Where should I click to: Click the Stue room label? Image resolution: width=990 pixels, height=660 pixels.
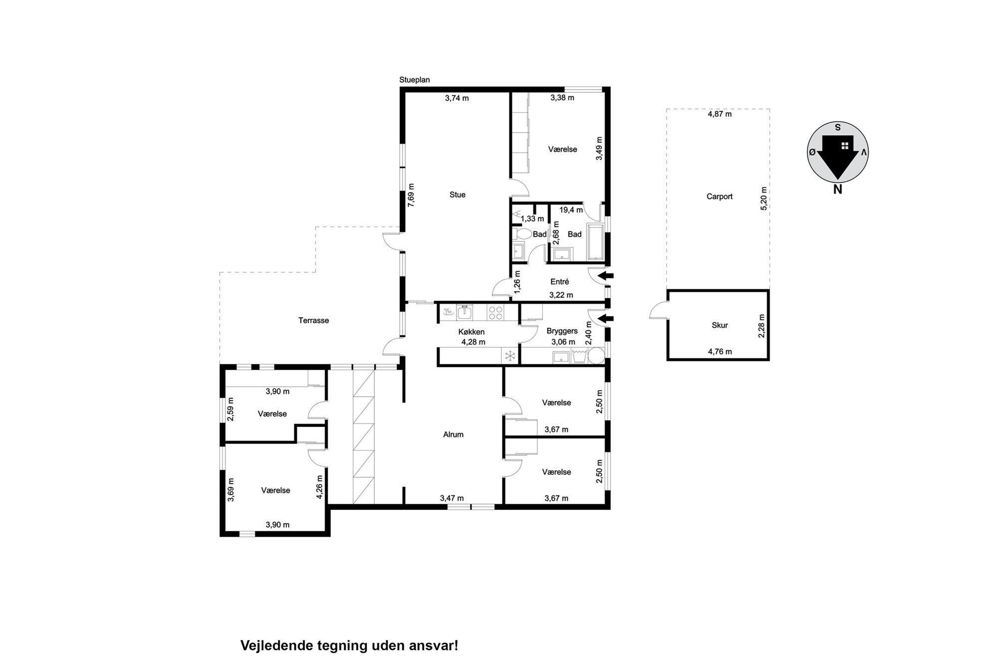pos(457,195)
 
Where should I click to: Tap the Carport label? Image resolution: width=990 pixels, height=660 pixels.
pos(719,197)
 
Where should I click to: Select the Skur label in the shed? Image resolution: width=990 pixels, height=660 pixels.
pos(720,325)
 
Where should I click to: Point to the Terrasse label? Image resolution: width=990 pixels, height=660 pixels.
pos(313,320)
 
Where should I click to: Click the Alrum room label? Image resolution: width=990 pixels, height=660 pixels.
pos(453,435)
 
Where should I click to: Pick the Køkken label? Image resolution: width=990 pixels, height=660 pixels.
pos(471,332)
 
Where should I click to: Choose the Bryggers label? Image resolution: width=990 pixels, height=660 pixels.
pos(562,331)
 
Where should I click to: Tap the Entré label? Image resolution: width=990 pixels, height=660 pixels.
pos(559,282)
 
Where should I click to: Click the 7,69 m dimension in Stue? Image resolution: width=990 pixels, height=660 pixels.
pos(411,195)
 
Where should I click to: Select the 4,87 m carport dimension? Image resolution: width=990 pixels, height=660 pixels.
pos(720,114)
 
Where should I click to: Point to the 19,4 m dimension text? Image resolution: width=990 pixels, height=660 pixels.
pos(571,210)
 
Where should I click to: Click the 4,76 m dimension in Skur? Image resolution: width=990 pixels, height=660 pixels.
pos(720,352)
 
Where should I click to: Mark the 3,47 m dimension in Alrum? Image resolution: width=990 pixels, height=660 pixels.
pos(452,498)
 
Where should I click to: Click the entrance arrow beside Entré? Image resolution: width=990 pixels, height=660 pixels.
pos(606,275)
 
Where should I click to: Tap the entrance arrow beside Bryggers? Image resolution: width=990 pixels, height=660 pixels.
pos(606,318)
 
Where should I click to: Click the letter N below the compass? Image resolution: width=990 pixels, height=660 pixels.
pos(837,190)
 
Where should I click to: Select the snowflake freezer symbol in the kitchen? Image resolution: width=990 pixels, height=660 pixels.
pos(510,356)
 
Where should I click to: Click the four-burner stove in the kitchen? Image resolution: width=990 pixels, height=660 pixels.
pos(495,312)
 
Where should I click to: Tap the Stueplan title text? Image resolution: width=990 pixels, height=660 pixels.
pos(414,80)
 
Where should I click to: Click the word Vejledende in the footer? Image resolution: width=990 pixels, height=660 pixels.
pos(277,646)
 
